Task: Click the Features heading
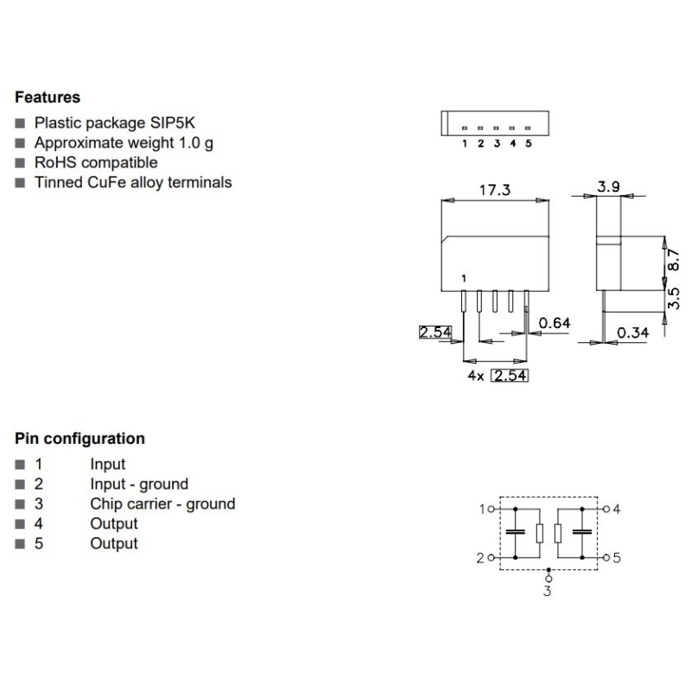[x=48, y=98]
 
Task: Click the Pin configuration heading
[x=79, y=439]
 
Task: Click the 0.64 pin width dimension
[x=555, y=324]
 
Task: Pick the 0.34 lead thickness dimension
[x=633, y=333]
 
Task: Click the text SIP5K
[x=173, y=123]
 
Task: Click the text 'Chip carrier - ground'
[x=162, y=504]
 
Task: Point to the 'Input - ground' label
[x=139, y=484]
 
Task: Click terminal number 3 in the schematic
[x=547, y=591]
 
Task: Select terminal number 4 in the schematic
[x=617, y=509]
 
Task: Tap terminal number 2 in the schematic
[x=480, y=558]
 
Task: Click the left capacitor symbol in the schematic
[x=516, y=533]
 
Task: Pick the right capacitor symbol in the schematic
[x=585, y=533]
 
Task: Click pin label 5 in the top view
[x=528, y=143]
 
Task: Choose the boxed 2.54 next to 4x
[x=509, y=376]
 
